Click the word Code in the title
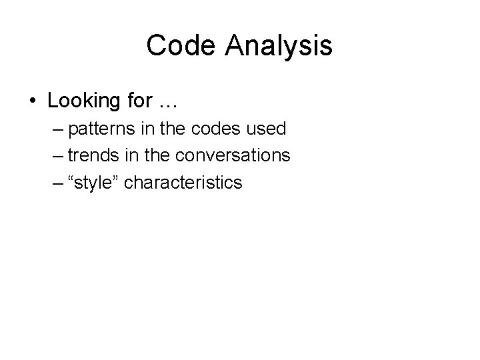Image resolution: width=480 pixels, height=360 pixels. click(x=180, y=46)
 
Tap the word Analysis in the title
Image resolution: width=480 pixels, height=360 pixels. click(x=278, y=46)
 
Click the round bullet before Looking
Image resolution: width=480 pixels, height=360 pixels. click(x=33, y=101)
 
